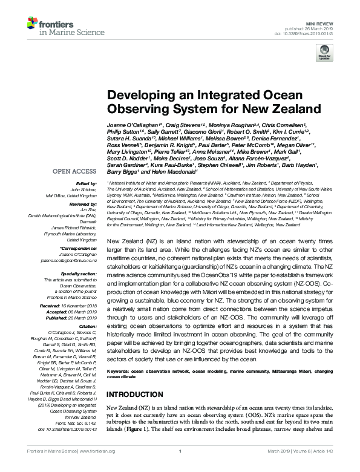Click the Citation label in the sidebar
[x=88, y=327]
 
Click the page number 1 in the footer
[x=180, y=467]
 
